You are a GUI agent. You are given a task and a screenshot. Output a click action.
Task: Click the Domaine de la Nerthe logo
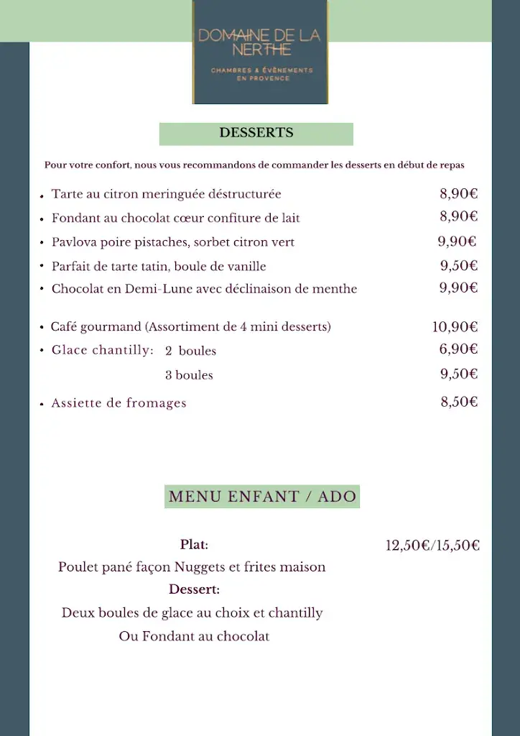tap(259, 52)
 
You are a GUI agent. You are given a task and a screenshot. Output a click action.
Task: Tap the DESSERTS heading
tap(256, 133)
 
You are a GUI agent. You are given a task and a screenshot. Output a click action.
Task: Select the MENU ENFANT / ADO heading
tap(262, 497)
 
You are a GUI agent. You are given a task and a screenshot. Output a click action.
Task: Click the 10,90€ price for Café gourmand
tap(455, 327)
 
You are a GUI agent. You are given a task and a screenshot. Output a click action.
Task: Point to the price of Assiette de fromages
tap(459, 402)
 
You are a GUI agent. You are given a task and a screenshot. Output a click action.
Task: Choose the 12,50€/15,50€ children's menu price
tap(432, 546)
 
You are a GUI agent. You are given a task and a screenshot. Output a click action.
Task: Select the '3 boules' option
tap(189, 375)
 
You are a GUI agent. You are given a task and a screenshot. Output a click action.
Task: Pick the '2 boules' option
tap(190, 351)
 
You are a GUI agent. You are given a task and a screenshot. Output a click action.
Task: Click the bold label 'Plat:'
tap(194, 545)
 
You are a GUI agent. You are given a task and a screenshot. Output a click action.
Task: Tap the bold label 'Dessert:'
tap(194, 590)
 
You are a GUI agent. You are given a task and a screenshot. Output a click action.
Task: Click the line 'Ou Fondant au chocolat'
tap(194, 637)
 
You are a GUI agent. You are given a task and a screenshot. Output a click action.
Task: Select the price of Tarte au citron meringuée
tap(459, 193)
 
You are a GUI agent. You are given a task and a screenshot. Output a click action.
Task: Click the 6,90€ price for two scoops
tap(459, 349)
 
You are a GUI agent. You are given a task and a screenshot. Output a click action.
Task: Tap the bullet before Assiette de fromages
tap(42, 405)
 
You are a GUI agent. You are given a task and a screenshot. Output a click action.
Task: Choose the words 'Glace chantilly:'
tap(103, 351)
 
